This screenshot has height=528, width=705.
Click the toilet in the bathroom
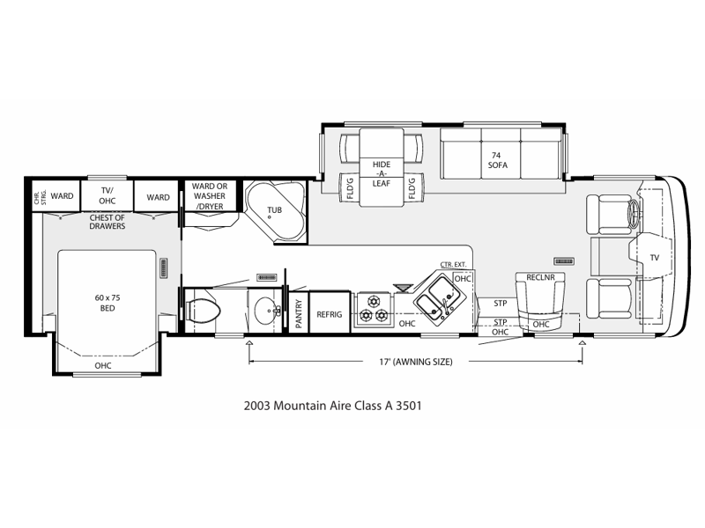[203, 311]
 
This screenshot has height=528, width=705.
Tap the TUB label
[274, 210]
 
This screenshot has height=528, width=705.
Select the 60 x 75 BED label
[108, 303]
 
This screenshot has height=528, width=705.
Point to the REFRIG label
[329, 314]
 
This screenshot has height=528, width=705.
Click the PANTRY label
[299, 313]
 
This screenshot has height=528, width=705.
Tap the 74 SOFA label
[497, 160]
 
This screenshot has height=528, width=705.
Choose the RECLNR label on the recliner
[540, 277]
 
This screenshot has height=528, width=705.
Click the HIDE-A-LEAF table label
[382, 173]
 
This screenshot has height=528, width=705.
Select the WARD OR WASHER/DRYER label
[210, 196]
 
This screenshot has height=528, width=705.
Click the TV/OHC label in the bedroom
[107, 195]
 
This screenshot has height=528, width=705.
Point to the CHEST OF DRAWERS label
[107, 222]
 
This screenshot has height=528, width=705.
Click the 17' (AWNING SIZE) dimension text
[416, 362]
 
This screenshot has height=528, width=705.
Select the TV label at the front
[654, 258]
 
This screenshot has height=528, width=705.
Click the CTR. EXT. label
[453, 265]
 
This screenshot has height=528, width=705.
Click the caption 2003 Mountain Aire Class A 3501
[333, 406]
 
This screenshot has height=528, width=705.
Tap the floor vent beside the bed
[164, 268]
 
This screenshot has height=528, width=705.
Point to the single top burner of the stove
[373, 300]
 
